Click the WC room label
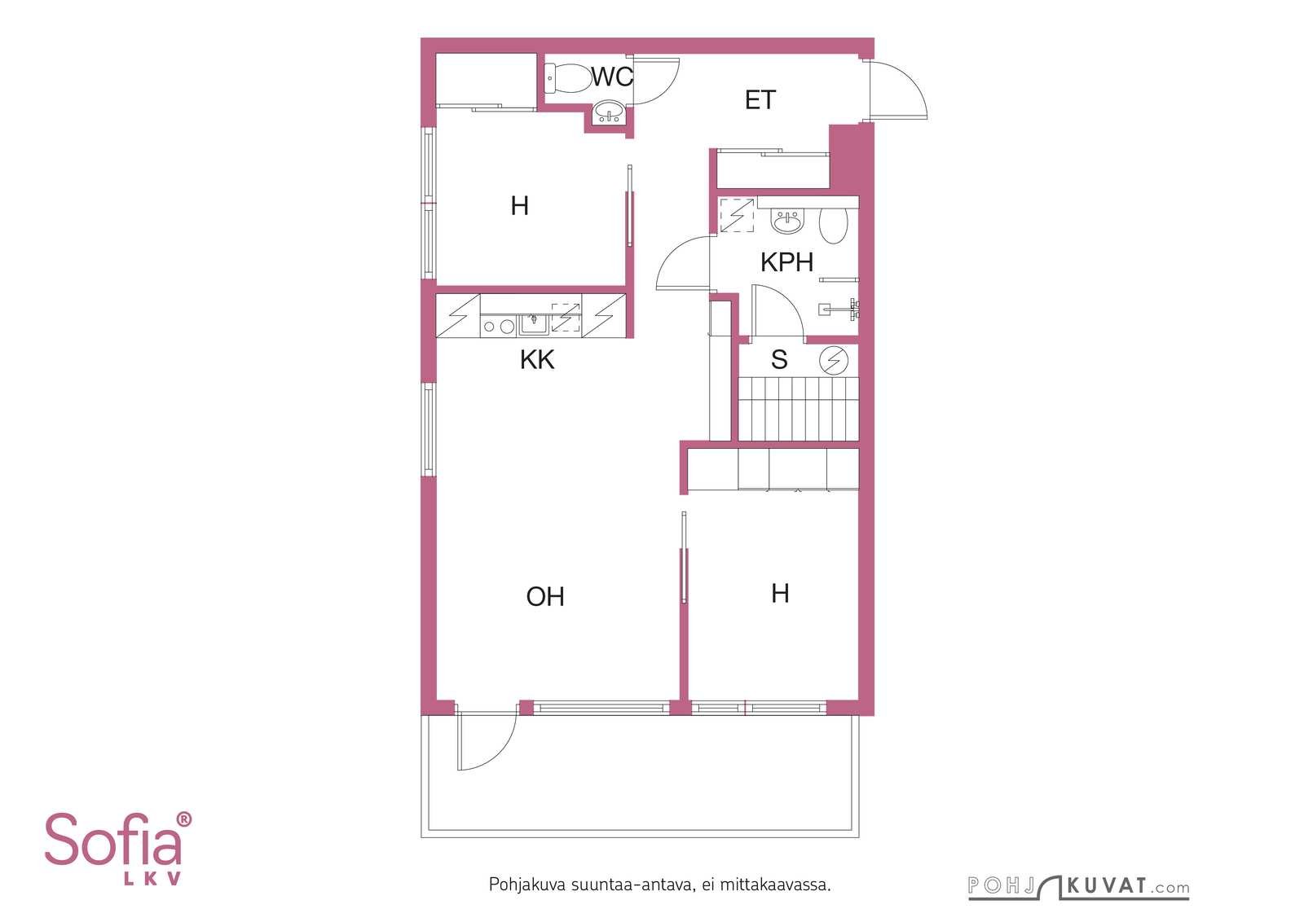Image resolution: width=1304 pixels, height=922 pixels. [612, 77]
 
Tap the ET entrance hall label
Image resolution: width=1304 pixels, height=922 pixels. [760, 100]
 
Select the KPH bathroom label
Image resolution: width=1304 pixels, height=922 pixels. [786, 262]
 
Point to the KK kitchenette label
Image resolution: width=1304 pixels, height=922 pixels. [537, 359]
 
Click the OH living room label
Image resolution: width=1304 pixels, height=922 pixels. [545, 597]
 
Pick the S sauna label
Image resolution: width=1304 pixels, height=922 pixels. [779, 359]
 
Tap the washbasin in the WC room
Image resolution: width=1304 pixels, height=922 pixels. [608, 112]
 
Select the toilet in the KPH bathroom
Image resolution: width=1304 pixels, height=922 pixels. [833, 226]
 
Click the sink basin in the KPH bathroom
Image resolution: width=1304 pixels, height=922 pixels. [787, 222]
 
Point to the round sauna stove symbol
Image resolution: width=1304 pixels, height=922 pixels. [834, 361]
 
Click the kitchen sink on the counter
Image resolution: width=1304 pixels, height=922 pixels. [533, 325]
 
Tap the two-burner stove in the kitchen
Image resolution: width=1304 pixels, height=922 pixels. [499, 327]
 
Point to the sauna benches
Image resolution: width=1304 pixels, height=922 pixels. [799, 408]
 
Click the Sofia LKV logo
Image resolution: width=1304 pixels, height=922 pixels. [118, 849]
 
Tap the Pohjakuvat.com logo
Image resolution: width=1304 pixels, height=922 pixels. [1079, 886]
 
